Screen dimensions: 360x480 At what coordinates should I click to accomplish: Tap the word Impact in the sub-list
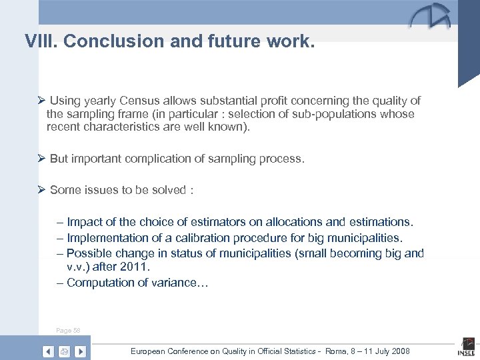coord(85,222)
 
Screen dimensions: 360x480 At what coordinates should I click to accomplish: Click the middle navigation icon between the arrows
coord(64,351)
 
